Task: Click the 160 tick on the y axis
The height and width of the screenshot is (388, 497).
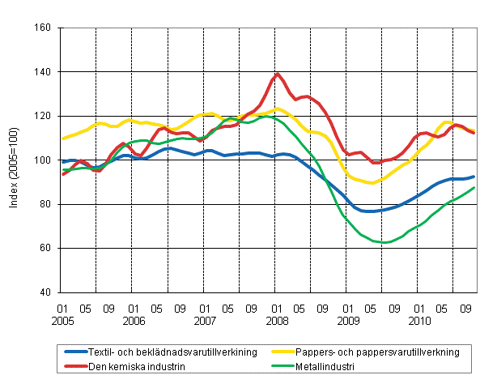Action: [44, 28]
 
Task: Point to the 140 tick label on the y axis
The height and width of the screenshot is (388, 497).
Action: [44, 72]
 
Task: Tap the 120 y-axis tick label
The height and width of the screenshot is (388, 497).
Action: [44, 117]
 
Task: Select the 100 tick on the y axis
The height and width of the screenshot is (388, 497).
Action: [44, 160]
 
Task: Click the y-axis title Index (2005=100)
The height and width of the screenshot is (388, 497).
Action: [15, 160]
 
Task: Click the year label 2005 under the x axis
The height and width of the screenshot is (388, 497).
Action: [62, 321]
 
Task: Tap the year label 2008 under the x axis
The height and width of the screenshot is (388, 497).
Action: [277, 321]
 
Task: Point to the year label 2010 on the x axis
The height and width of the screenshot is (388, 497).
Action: [419, 321]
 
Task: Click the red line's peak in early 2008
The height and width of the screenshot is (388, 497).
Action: [278, 74]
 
